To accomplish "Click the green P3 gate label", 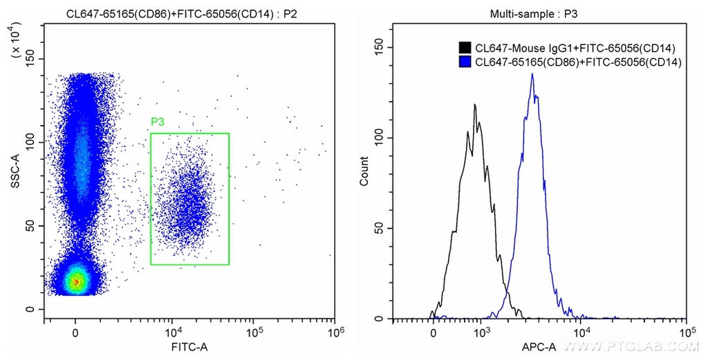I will point(158,122).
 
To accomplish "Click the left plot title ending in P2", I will point(183,13).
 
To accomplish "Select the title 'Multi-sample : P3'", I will point(538,13).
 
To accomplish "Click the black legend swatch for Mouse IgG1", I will point(465,48).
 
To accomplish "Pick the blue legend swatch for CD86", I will point(465,61).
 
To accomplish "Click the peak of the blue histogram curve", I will point(532,75).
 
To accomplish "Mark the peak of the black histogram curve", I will point(475,105).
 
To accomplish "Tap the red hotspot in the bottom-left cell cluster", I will point(77,281).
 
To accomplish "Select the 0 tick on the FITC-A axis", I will point(75,331).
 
